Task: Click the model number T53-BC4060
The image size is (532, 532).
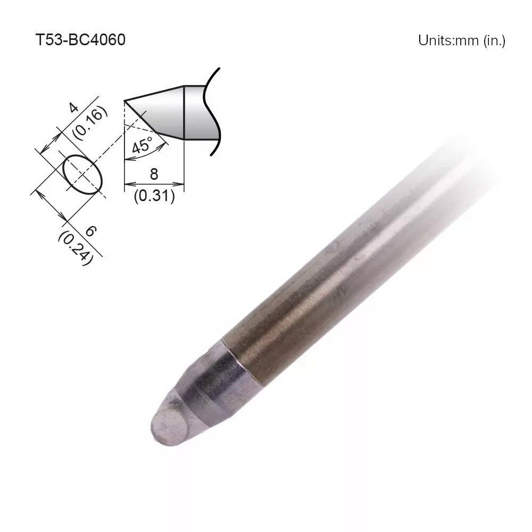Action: pyautogui.click(x=80, y=40)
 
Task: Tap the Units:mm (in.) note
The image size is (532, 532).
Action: pyautogui.click(x=461, y=40)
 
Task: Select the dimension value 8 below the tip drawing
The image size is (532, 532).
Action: pyautogui.click(x=154, y=174)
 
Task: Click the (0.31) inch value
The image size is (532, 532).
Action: pyautogui.click(x=154, y=196)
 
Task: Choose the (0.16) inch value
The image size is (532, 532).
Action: pyautogui.click(x=90, y=123)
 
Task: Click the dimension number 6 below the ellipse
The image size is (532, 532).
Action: pyautogui.click(x=90, y=231)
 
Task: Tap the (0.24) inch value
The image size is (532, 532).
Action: pyautogui.click(x=75, y=247)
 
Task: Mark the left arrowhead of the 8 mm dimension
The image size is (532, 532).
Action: pyautogui.click(x=127, y=186)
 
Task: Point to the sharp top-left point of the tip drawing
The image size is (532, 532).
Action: pyautogui.click(x=124, y=101)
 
